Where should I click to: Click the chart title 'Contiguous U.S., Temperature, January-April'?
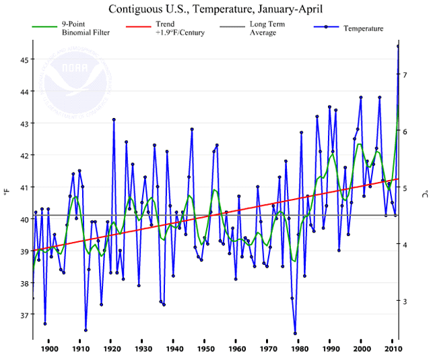215,9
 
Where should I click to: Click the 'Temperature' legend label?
363,28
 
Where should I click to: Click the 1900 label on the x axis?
48,349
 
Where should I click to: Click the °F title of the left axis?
7,193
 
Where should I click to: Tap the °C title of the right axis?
423,193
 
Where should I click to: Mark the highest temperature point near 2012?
398,47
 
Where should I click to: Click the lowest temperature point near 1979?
295,333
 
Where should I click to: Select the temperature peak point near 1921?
114,119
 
